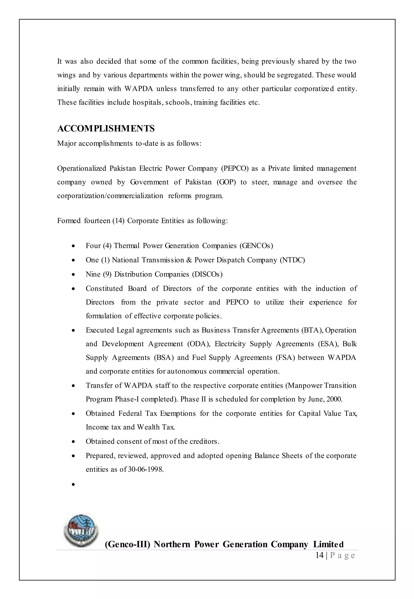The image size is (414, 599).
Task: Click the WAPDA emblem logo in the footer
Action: [81, 530]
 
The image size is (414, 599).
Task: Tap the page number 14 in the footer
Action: [319, 555]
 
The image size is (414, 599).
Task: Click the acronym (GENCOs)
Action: [256, 246]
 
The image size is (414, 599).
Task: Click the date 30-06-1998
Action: [146, 470]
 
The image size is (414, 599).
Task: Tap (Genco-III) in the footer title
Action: [128, 544]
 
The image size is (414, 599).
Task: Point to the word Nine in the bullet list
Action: [93, 274]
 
